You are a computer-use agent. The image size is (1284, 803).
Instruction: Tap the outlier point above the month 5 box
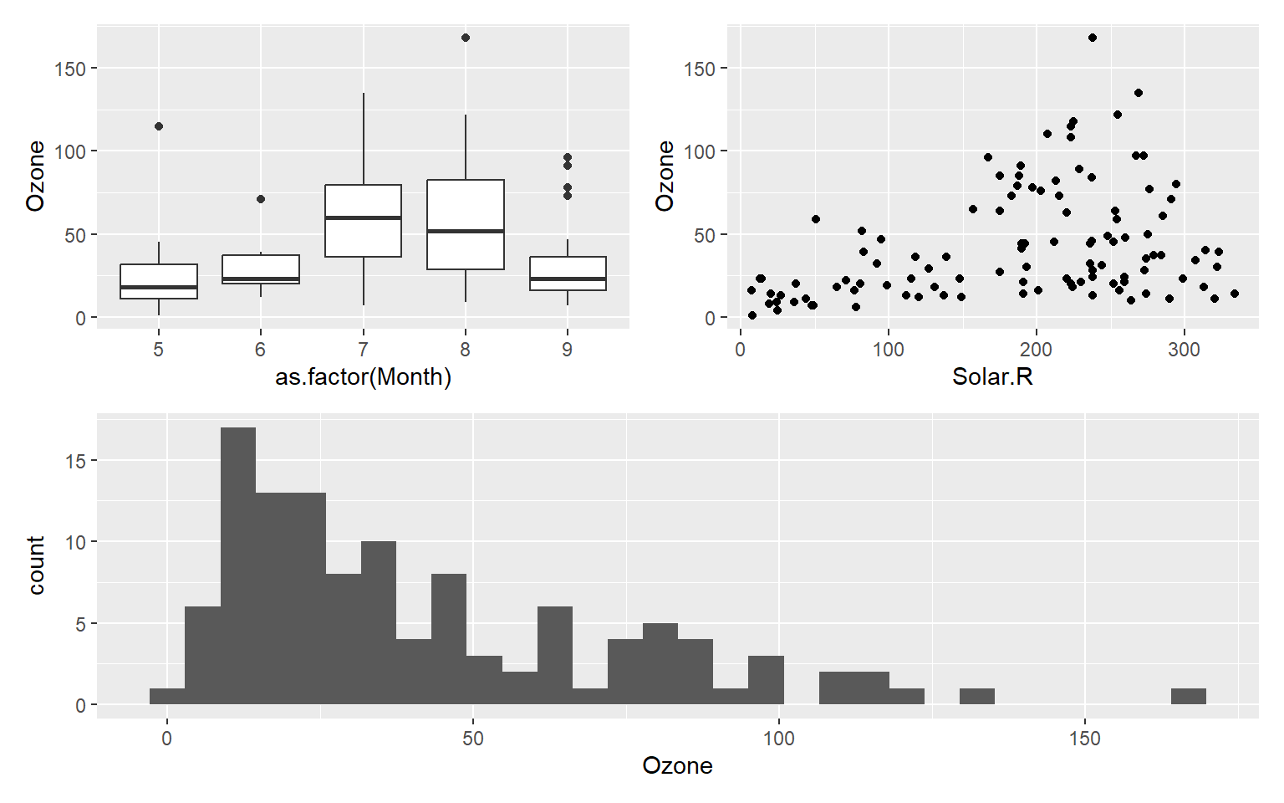(x=159, y=126)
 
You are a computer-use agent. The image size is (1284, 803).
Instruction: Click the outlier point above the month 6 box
(x=261, y=199)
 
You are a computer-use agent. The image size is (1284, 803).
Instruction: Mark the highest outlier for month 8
(x=466, y=38)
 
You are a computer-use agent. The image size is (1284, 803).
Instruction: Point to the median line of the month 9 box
(x=568, y=279)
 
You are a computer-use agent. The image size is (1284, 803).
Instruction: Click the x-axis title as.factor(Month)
(x=363, y=377)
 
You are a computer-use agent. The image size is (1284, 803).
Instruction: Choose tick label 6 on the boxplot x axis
(x=261, y=350)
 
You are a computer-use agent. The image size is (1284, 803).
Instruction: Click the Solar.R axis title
(x=992, y=377)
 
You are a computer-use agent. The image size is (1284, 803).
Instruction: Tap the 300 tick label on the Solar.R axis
(x=1184, y=350)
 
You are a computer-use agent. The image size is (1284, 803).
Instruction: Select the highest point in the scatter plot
(x=1093, y=38)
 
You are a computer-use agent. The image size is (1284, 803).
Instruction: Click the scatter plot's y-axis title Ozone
(x=665, y=176)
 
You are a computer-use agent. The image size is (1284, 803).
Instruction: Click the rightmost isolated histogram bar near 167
(x=1188, y=696)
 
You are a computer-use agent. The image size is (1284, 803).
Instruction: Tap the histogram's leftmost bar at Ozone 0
(x=167, y=696)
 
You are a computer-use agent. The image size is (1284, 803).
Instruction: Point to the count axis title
(x=36, y=565)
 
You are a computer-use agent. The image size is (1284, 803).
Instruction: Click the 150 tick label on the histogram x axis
(x=1085, y=739)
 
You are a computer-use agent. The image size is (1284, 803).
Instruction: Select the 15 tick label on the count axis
(x=76, y=461)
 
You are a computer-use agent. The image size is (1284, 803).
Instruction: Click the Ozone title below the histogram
(x=677, y=766)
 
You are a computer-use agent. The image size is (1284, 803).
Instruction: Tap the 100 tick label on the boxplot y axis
(x=70, y=152)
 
